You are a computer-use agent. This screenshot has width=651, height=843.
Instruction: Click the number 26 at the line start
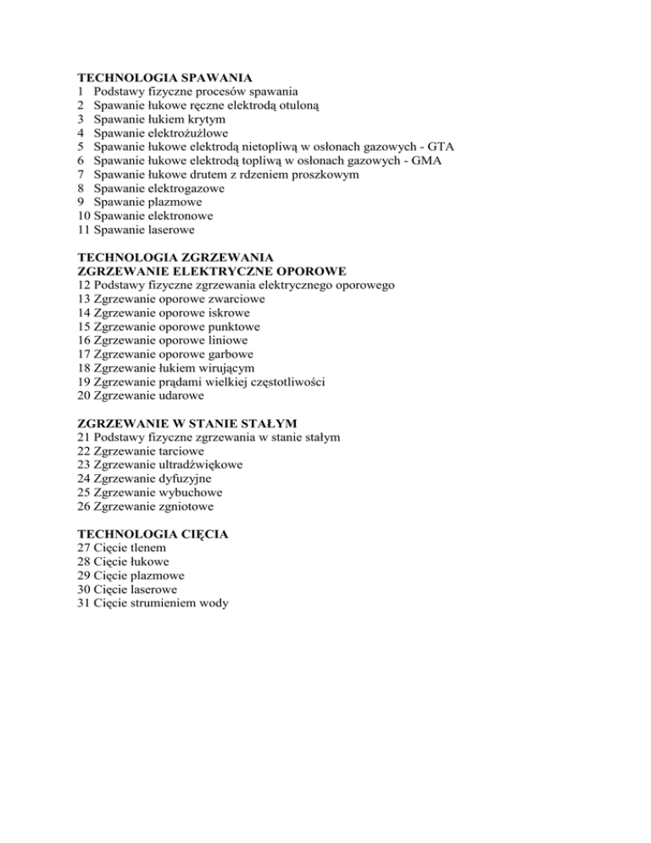click(x=84, y=506)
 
